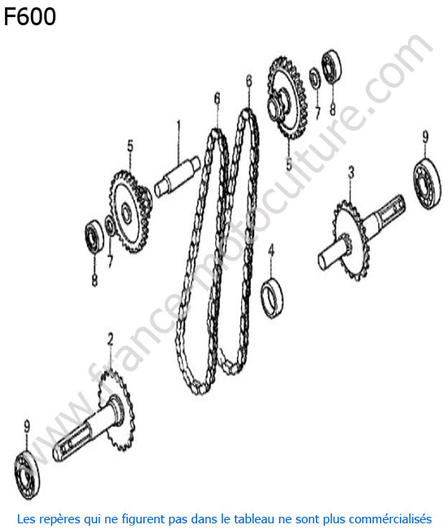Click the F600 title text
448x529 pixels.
pos(29,17)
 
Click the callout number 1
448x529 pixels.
pos(178,128)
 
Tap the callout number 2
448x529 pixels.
pos(111,339)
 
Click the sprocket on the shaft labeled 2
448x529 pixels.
pos(116,409)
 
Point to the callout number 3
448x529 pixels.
pos(351,173)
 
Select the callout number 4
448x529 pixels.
pos(270,251)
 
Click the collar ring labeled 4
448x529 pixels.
pos(272,298)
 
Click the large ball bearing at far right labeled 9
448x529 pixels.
pos(427,183)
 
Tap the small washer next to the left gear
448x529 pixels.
pos(110,225)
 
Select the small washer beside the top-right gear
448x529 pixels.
pos(315,77)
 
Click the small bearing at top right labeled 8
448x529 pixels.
pos(332,67)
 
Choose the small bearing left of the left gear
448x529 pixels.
pos(94,237)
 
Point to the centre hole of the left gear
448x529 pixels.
pos(127,212)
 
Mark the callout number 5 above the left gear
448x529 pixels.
pos(130,146)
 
